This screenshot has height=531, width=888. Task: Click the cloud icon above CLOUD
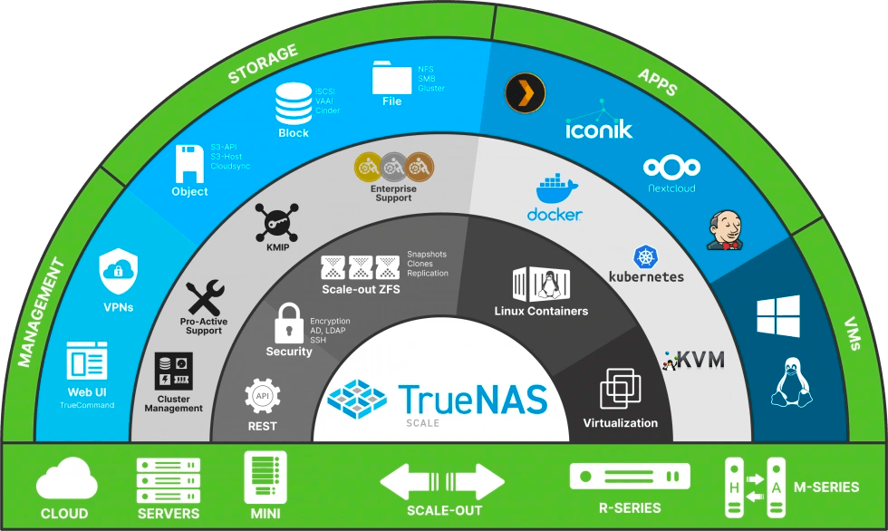[x=67, y=478]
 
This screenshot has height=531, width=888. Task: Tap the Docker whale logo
[x=554, y=190]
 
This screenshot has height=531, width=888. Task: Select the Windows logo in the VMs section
[x=778, y=316]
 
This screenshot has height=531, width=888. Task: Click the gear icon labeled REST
[x=263, y=397]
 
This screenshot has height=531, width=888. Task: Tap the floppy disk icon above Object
[x=189, y=163]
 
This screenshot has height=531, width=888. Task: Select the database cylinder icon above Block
[x=294, y=104]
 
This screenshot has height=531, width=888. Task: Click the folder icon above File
[x=391, y=78]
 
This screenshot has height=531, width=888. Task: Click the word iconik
[x=598, y=130]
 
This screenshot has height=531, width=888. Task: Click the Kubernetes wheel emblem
[x=646, y=256]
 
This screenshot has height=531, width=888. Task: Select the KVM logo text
[x=696, y=360]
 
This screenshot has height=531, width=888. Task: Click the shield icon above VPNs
[x=119, y=270]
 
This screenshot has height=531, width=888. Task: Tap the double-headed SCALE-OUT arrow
[x=442, y=481]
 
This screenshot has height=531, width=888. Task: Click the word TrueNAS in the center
[x=473, y=399]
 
